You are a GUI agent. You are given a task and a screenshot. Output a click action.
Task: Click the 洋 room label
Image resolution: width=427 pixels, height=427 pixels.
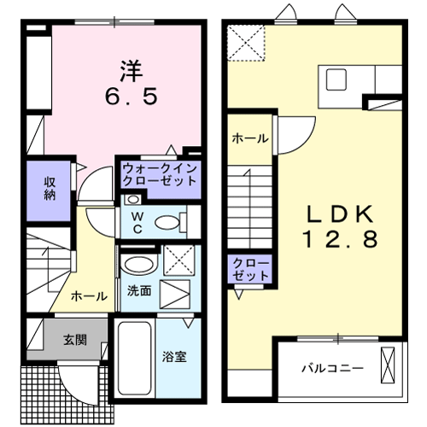pyautogui.click(x=132, y=71)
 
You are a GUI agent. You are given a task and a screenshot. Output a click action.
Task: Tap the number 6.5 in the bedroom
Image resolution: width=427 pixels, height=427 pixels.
pyautogui.click(x=132, y=97)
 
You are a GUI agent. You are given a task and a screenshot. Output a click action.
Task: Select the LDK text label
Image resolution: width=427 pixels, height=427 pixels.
pyautogui.click(x=340, y=213)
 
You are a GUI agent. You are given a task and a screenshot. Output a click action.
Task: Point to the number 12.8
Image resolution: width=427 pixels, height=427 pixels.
pyautogui.click(x=340, y=238)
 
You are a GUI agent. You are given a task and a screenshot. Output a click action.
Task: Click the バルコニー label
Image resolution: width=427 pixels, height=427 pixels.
pyautogui.click(x=332, y=368)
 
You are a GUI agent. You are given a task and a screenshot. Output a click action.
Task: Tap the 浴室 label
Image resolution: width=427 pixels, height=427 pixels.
pyautogui.click(x=174, y=357)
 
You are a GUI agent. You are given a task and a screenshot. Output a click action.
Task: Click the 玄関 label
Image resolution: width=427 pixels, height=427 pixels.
pyautogui.click(x=75, y=340)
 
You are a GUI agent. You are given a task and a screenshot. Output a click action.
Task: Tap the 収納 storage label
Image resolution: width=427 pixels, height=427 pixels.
pyautogui.click(x=50, y=189)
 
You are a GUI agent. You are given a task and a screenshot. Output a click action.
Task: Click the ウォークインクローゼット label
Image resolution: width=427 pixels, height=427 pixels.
pyautogui.click(x=160, y=175)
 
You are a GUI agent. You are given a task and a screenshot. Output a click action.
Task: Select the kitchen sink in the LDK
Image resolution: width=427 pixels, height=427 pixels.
pyautogui.click(x=336, y=79)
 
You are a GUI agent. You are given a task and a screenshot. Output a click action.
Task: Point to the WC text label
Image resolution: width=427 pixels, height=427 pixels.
pyautogui.click(x=137, y=223)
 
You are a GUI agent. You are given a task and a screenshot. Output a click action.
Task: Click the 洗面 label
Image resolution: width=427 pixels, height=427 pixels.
pyautogui.click(x=139, y=290)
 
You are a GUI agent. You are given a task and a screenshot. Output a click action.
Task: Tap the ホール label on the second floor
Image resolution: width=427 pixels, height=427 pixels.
pyautogui.click(x=250, y=138)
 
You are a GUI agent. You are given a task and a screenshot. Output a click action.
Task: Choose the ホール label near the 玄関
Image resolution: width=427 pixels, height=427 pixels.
pyautogui.click(x=89, y=296)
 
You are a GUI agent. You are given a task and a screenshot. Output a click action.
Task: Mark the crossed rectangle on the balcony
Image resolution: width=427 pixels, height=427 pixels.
pyautogui.click(x=388, y=365)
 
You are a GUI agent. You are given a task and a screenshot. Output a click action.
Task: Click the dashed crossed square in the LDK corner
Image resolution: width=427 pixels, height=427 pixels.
pyautogui.click(x=246, y=43)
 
